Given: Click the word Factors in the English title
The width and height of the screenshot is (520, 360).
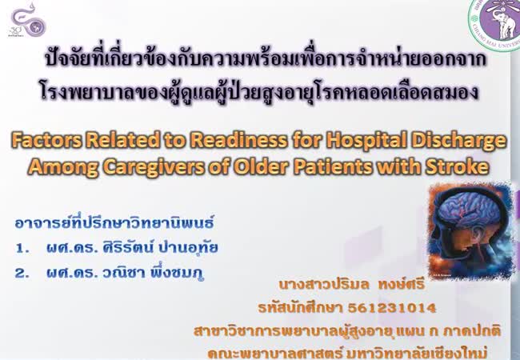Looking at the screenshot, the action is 46,140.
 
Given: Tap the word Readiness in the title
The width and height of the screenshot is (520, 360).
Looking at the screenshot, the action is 238,140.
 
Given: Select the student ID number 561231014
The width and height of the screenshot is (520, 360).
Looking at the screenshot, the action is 392,308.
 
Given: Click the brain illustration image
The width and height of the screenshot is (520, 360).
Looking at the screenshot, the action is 471,230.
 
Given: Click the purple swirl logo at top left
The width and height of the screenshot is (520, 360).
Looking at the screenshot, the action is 27,20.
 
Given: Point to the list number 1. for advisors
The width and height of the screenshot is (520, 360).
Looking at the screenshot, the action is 22,248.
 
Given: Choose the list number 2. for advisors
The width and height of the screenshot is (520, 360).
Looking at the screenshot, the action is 22,273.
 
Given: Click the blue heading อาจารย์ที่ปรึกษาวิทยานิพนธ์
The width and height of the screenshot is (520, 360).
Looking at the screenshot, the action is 114,222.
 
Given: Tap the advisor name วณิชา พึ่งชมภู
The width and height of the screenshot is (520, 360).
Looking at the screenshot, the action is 153,273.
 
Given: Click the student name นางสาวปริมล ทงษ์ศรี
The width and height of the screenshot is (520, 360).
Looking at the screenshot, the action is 351,285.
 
